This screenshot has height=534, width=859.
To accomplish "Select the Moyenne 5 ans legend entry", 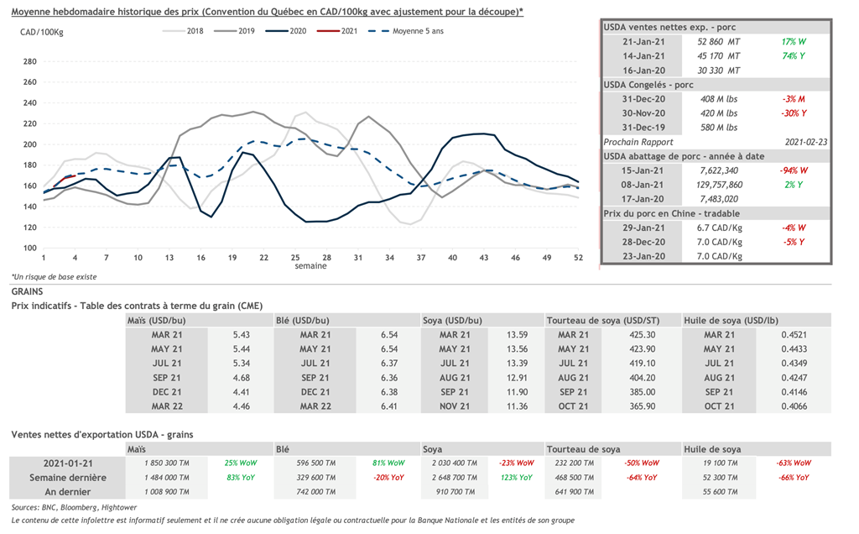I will click(414, 31).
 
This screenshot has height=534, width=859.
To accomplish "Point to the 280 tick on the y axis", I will click(30, 61).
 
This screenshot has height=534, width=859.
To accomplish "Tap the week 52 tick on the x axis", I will click(578, 257).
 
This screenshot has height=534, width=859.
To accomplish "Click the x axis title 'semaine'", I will click(310, 266).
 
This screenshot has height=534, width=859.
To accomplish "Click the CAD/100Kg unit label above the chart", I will click(42, 32).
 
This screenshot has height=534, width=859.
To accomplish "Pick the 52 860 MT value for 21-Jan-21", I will click(719, 41).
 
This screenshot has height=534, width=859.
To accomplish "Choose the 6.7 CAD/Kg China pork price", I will click(718, 228).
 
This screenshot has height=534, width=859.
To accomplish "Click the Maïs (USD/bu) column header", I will click(159, 320).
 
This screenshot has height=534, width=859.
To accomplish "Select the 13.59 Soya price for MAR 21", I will click(518, 334).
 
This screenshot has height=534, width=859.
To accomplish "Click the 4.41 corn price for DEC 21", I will click(242, 392).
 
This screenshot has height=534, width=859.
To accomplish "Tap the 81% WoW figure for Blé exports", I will click(389, 463).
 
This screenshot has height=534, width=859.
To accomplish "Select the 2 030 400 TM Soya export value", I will click(454, 463).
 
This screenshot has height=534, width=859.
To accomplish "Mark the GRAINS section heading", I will click(29, 291).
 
